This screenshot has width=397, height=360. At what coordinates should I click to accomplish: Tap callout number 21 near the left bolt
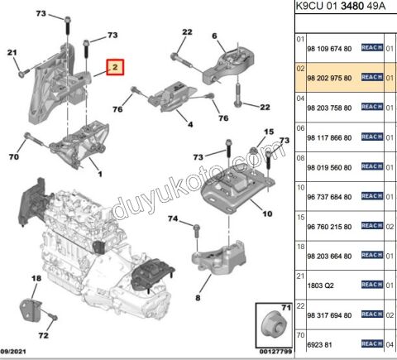(12, 54)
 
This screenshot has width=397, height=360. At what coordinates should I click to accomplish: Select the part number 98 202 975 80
(329, 77)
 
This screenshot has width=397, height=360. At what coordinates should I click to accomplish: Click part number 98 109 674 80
(329, 47)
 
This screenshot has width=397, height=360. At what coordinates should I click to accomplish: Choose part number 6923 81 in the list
(322, 343)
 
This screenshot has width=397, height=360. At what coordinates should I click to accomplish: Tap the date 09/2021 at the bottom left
(17, 351)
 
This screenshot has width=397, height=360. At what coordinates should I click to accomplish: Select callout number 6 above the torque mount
(213, 35)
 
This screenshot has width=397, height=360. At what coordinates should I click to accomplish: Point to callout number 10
(266, 214)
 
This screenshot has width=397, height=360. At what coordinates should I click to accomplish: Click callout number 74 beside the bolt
(172, 218)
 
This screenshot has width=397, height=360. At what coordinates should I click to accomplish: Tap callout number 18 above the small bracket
(36, 281)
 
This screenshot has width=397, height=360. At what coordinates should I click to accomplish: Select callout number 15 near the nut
(267, 132)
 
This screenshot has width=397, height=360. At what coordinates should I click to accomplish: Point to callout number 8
(198, 297)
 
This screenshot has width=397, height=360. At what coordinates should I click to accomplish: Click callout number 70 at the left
(13, 156)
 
